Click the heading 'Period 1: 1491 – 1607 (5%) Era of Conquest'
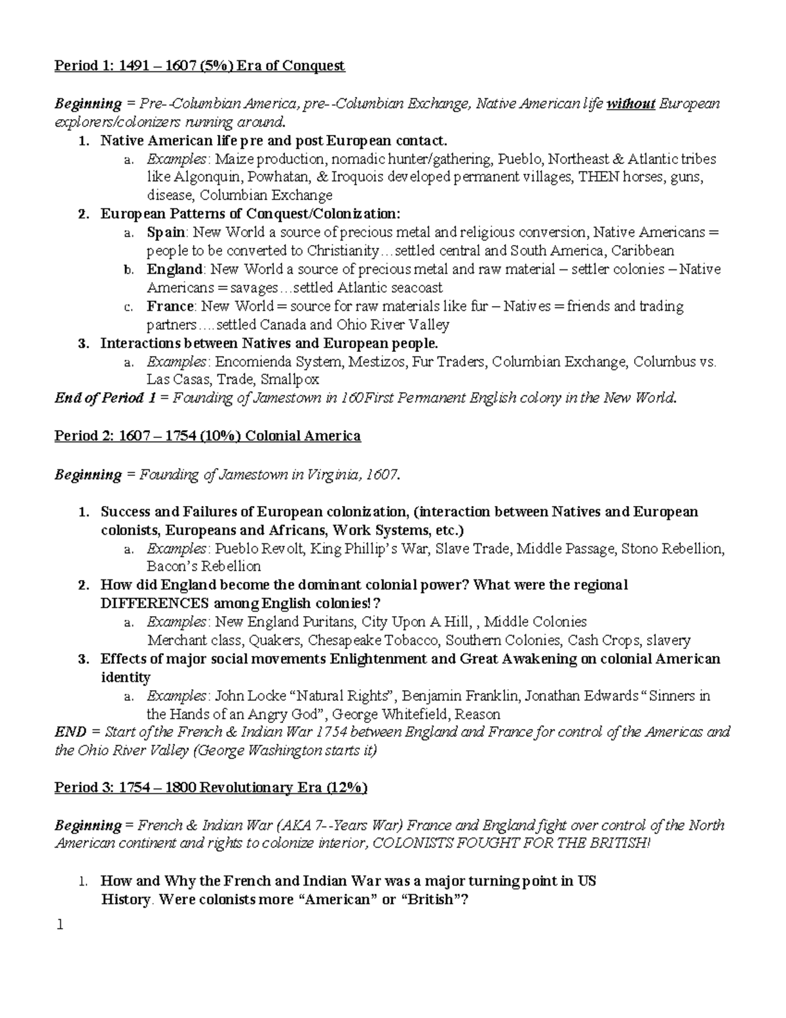coord(199,66)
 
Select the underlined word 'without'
coord(631,104)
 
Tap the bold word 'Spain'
coord(166,233)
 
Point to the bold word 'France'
coord(170,307)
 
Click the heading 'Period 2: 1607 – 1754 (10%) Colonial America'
coord(207,437)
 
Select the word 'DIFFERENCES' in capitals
coord(154,604)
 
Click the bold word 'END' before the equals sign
coord(69,732)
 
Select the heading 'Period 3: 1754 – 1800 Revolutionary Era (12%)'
coord(210,788)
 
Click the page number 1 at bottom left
coord(60,926)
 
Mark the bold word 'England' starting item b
coord(175,269)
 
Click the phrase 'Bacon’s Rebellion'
coord(204,566)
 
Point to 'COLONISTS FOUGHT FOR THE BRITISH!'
coord(512,844)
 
